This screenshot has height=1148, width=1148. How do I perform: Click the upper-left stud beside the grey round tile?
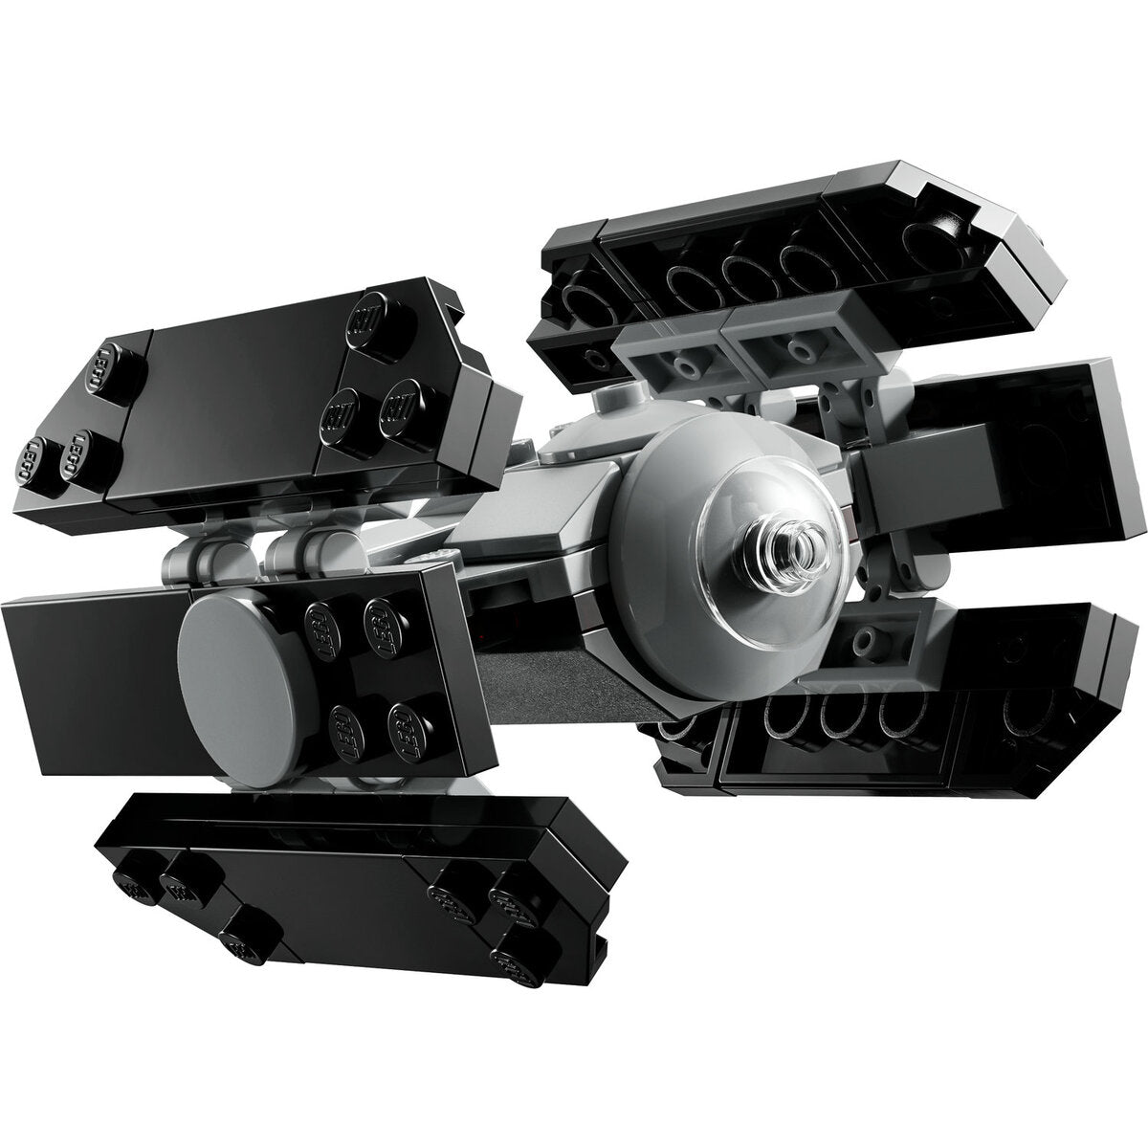point(321,619)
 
